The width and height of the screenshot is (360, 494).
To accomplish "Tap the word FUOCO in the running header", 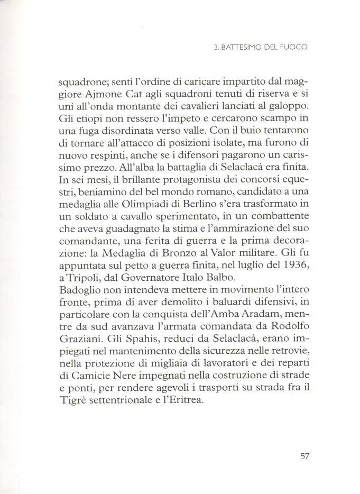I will [x=294, y=47].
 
